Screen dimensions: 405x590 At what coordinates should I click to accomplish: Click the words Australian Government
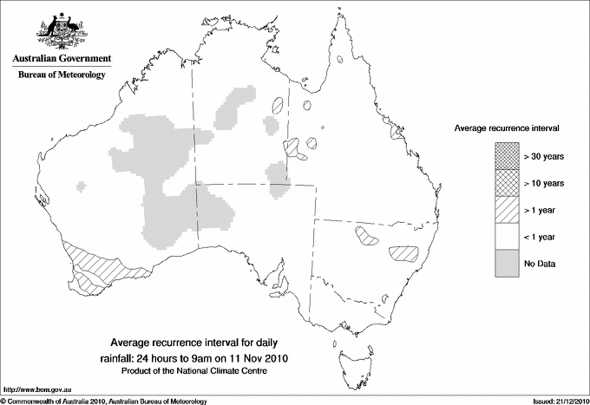click(x=61, y=59)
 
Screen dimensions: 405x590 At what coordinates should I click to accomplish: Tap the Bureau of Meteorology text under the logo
click(x=61, y=75)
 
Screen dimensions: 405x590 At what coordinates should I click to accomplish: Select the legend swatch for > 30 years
click(x=506, y=156)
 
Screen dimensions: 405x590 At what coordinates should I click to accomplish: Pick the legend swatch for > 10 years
click(x=506, y=183)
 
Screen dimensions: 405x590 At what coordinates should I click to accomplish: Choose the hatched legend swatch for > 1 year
click(x=506, y=210)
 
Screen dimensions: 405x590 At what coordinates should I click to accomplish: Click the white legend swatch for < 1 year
click(x=506, y=237)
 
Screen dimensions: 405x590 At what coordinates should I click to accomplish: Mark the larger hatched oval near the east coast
click(x=403, y=253)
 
